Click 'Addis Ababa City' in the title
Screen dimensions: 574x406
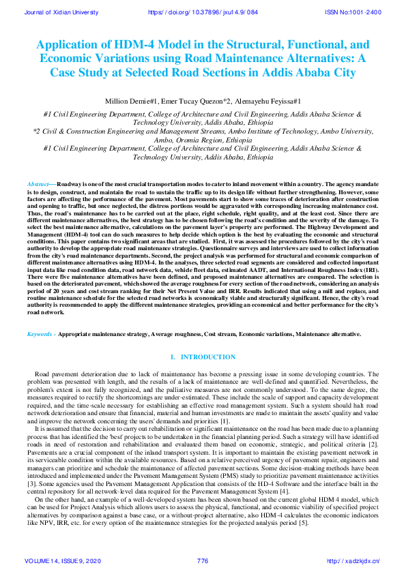pos(304,72)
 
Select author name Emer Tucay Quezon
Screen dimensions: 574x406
pos(201,101)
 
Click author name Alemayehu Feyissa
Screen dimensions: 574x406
pos(264,101)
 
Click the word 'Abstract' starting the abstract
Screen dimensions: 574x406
pos(38,184)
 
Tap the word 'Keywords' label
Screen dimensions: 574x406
pos(40,335)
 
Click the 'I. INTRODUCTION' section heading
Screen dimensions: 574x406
pos(203,357)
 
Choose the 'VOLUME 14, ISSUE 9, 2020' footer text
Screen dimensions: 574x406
pos(62,560)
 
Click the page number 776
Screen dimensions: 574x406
pos(202,560)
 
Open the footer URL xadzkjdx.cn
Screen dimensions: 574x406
pos(353,560)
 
